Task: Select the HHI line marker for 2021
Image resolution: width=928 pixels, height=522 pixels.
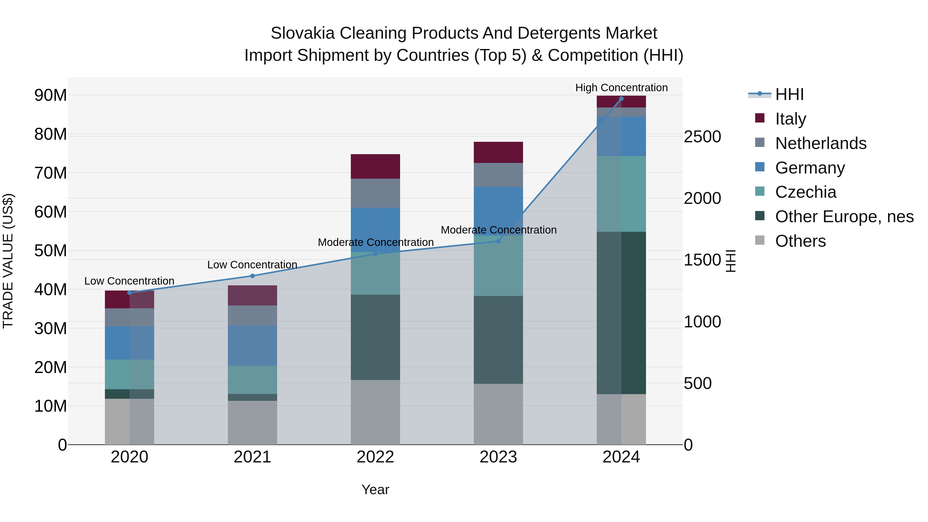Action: (x=252, y=276)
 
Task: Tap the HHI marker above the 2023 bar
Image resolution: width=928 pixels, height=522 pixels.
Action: (x=498, y=241)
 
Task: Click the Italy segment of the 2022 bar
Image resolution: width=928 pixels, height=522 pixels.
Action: (x=375, y=167)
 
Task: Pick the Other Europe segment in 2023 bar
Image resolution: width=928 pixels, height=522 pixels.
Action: (x=498, y=340)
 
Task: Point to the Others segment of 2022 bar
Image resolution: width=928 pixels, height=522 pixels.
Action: (x=375, y=412)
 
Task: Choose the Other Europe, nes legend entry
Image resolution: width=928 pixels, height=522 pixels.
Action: (x=844, y=217)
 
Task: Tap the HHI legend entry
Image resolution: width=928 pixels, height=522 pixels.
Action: (x=789, y=94)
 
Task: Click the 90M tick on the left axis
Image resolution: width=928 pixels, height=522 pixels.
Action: (x=51, y=95)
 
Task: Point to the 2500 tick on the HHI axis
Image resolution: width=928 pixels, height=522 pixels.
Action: (x=702, y=137)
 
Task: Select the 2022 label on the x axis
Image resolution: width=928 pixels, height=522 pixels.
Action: (x=375, y=457)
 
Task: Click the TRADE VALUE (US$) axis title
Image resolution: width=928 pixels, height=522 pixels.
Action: (x=8, y=261)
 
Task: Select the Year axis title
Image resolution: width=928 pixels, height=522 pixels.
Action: (x=375, y=490)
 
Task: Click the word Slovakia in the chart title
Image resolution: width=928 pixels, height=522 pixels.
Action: (x=302, y=33)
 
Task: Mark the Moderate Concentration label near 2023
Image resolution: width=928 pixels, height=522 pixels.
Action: (x=498, y=230)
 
